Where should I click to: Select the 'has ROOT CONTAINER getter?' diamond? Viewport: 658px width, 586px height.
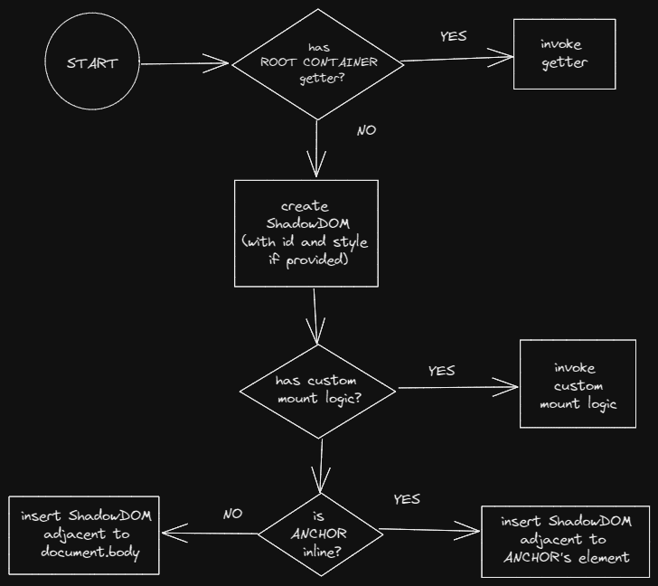point(317,63)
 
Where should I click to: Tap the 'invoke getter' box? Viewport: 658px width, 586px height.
point(564,54)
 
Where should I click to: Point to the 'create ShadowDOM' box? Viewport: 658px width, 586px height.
point(305,233)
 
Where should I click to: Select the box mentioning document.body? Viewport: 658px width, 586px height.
point(84,534)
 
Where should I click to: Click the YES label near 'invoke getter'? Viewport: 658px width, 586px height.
point(453,36)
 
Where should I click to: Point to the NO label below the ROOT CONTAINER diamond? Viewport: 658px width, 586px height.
point(366,130)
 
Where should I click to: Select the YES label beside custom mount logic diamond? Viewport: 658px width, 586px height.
point(441,371)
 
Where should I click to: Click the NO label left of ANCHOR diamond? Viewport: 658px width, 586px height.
point(232,514)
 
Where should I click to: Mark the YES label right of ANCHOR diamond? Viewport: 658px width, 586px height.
point(407,499)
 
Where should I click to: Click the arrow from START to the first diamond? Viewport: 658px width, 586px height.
point(185,63)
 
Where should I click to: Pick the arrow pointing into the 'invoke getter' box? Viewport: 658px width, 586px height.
point(457,60)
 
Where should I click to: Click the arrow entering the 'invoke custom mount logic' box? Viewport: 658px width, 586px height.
point(457,389)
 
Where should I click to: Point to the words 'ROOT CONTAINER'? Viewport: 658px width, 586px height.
point(318,63)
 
